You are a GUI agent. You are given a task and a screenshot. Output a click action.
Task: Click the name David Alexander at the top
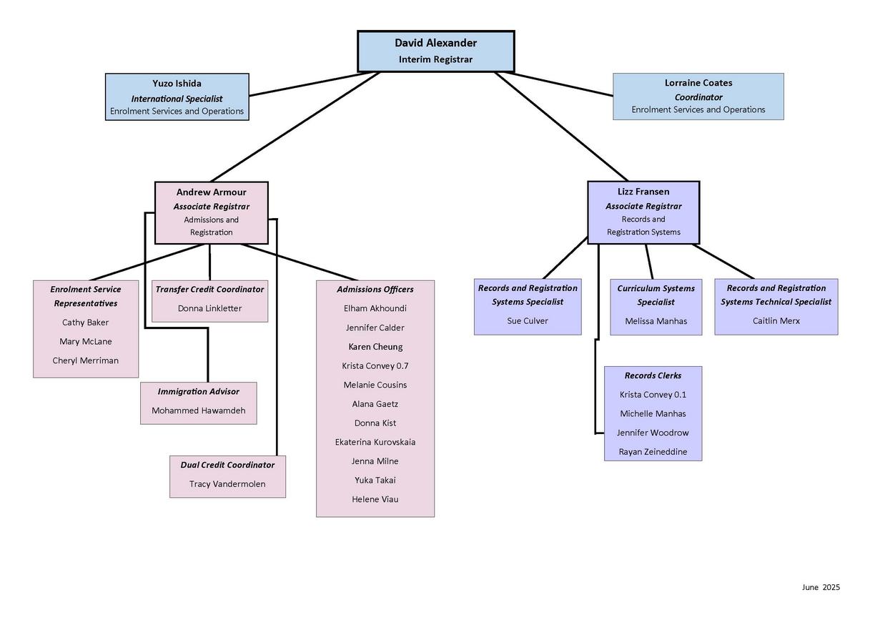tap(435, 43)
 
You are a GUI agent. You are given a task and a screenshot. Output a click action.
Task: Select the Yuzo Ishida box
tap(177, 97)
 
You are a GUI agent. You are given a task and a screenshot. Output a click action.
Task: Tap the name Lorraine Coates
tap(698, 83)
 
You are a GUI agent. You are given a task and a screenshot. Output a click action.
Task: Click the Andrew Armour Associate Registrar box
tap(212, 212)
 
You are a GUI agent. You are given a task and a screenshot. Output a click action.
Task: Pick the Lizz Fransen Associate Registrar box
tap(643, 212)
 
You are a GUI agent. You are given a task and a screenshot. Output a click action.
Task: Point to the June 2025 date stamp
tap(821, 587)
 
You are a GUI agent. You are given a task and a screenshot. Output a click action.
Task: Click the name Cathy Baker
tap(85, 323)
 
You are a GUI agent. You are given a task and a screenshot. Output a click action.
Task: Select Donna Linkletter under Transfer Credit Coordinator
tap(209, 309)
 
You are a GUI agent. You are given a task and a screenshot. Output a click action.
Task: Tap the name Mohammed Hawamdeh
tap(198, 411)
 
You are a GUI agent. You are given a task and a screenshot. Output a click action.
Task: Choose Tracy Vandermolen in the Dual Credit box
tap(227, 484)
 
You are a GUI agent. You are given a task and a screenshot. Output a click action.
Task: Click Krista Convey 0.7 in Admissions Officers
tap(375, 366)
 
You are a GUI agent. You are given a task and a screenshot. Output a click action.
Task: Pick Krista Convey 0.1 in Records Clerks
tap(653, 395)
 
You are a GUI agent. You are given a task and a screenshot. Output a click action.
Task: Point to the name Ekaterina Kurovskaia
tap(375, 443)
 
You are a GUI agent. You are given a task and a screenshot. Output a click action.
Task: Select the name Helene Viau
tap(375, 500)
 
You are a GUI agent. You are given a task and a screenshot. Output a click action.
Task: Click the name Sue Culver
tap(528, 321)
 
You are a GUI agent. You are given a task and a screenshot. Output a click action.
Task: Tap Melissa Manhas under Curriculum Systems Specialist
tap(656, 322)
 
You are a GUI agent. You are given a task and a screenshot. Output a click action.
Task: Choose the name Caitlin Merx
tap(776, 321)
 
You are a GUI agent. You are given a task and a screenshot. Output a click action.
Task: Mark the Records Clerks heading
tap(653, 375)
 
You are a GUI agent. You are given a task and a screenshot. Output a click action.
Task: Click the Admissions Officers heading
tap(375, 290)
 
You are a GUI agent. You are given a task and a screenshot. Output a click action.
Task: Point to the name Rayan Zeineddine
tap(653, 452)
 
